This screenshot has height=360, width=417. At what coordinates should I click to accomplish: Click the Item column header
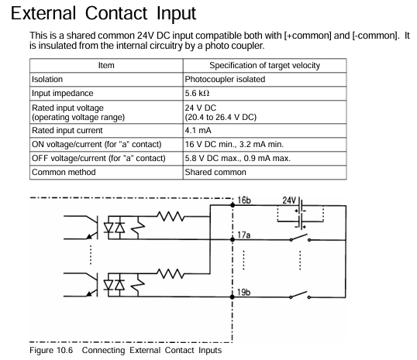tap(105, 66)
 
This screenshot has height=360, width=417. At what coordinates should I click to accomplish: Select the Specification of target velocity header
tap(264, 66)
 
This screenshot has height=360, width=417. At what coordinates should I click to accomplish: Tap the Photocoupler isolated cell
tap(224, 80)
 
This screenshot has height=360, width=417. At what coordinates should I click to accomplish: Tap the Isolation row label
tap(48, 80)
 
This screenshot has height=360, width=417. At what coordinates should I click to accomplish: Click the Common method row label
tap(66, 172)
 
